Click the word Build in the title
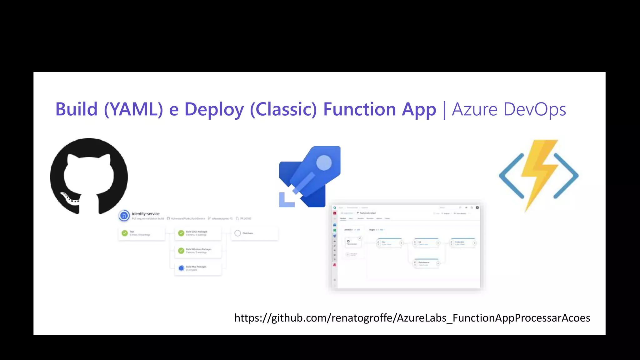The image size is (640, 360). pos(76,109)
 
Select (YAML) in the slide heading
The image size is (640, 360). pos(133,109)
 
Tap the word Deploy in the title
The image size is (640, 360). pos(214,110)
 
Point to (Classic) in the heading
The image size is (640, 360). pos(283,109)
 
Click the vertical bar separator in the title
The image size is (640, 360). pos(444,110)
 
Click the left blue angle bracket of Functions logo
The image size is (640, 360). pos(511,176)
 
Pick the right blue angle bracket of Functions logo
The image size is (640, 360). pos(566,176)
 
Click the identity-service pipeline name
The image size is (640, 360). pos(146,214)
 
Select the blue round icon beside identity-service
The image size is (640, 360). pos(124,216)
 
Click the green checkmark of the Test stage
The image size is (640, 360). pos(125,233)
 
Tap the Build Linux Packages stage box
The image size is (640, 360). pos(198,233)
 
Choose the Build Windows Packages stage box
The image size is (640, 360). pos(198,251)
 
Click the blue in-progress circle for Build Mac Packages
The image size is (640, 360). pos(181,268)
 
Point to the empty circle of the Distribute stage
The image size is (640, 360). pos(237,233)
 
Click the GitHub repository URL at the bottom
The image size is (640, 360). pos(412,318)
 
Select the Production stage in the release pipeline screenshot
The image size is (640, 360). pos(462,243)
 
